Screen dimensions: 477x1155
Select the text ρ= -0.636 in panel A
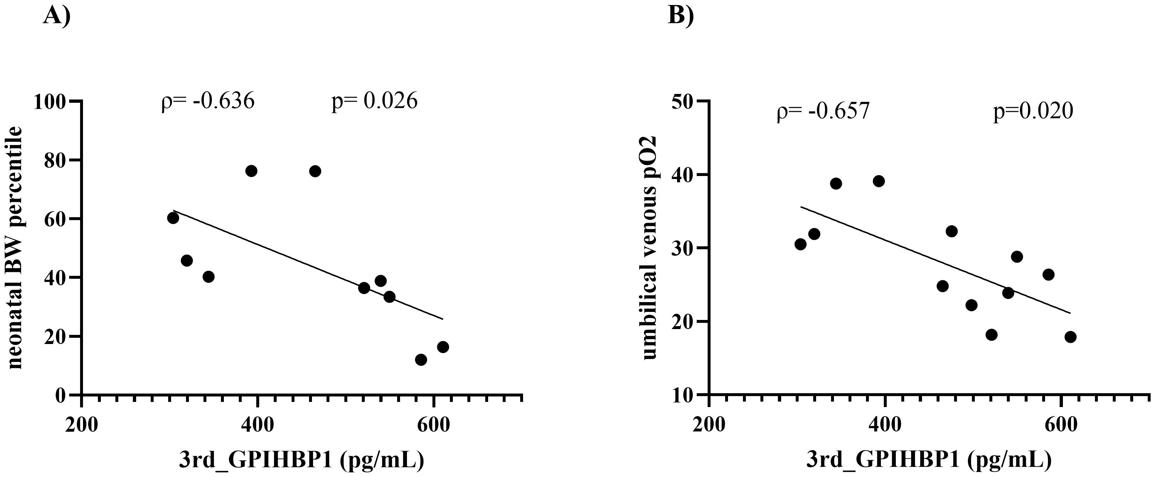(207, 101)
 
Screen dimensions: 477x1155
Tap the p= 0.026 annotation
(375, 101)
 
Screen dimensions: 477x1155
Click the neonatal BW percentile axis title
(16, 248)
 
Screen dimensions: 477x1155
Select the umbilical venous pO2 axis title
(649, 248)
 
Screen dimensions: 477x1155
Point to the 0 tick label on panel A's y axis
(60, 395)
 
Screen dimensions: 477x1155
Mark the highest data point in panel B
(879, 181)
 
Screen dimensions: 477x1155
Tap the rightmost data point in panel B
(1070, 337)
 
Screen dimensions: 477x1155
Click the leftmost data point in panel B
(800, 244)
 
